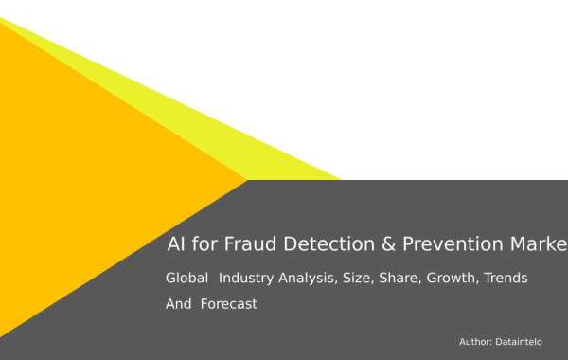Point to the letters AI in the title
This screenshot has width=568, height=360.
(175, 244)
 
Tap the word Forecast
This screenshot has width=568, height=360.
(228, 304)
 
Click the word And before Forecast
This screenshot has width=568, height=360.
(179, 304)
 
